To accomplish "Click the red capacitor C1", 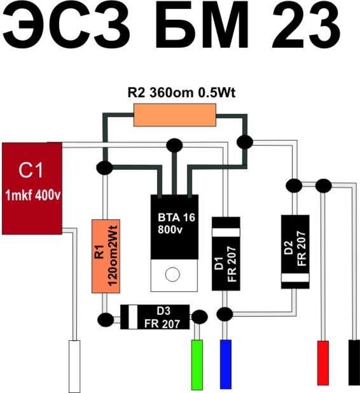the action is pyautogui.click(x=32, y=188).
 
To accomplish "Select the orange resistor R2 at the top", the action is pyautogui.click(x=175, y=115).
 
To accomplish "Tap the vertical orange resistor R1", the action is pyautogui.click(x=106, y=256).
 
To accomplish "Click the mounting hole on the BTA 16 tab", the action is pyautogui.click(x=172, y=274).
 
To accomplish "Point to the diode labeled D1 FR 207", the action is pyautogui.click(x=226, y=254).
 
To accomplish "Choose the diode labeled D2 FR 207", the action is pyautogui.click(x=295, y=252).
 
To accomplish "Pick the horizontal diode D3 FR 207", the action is pyautogui.click(x=155, y=317).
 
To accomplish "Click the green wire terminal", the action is pyautogui.click(x=197, y=364).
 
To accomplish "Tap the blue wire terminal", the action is pyautogui.click(x=226, y=364).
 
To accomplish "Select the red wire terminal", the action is pyautogui.click(x=323, y=362).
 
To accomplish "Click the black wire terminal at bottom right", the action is pyautogui.click(x=354, y=362).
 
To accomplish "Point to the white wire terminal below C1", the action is pyautogui.click(x=74, y=366).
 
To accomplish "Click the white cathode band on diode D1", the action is pyautogui.click(x=226, y=232).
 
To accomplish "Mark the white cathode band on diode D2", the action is pyautogui.click(x=295, y=278).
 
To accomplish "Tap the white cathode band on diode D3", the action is pyautogui.click(x=133, y=317).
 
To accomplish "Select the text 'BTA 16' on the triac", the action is pyautogui.click(x=176, y=217).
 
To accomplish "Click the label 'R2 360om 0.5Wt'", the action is pyautogui.click(x=181, y=92).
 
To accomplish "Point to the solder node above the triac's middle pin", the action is pyautogui.click(x=174, y=146).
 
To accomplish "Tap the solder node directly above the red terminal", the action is pyautogui.click(x=323, y=186).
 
